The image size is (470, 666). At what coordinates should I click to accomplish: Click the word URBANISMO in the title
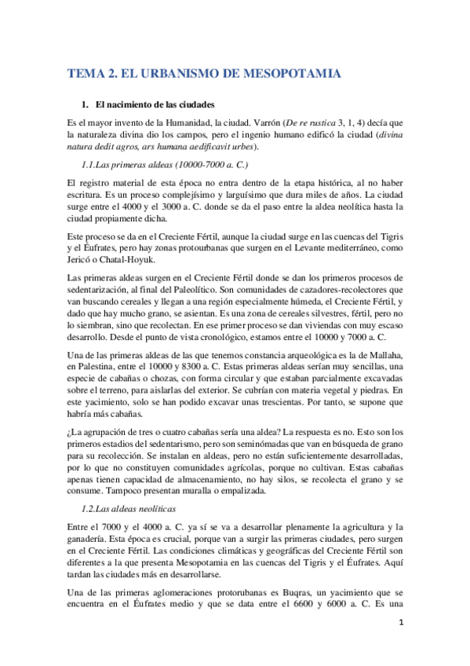[188, 75]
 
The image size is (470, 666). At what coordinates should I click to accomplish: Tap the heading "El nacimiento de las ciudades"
[155, 104]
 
